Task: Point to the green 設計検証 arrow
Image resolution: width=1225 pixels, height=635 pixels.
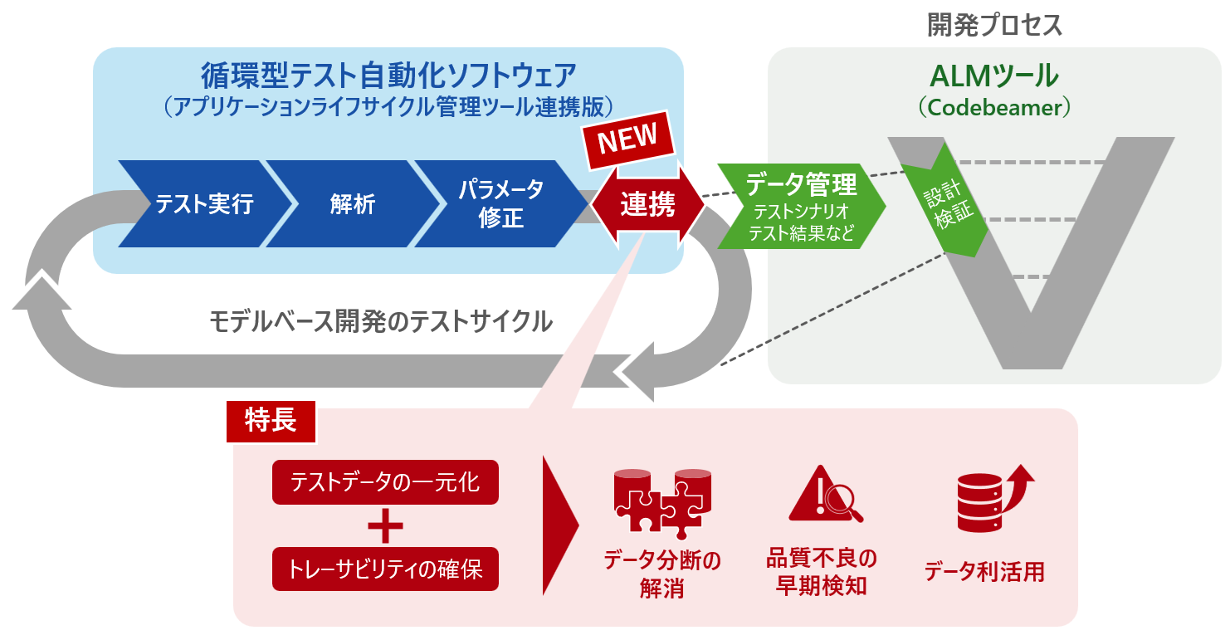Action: [x=946, y=200]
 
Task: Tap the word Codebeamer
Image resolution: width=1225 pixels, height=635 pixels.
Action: [x=994, y=108]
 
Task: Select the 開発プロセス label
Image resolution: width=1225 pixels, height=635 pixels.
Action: [x=994, y=26]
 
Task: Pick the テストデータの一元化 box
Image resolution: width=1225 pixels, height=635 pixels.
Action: [x=385, y=481]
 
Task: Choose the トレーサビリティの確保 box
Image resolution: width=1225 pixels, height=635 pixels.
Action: [x=385, y=569]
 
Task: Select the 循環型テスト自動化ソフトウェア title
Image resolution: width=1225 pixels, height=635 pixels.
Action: [x=388, y=76]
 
